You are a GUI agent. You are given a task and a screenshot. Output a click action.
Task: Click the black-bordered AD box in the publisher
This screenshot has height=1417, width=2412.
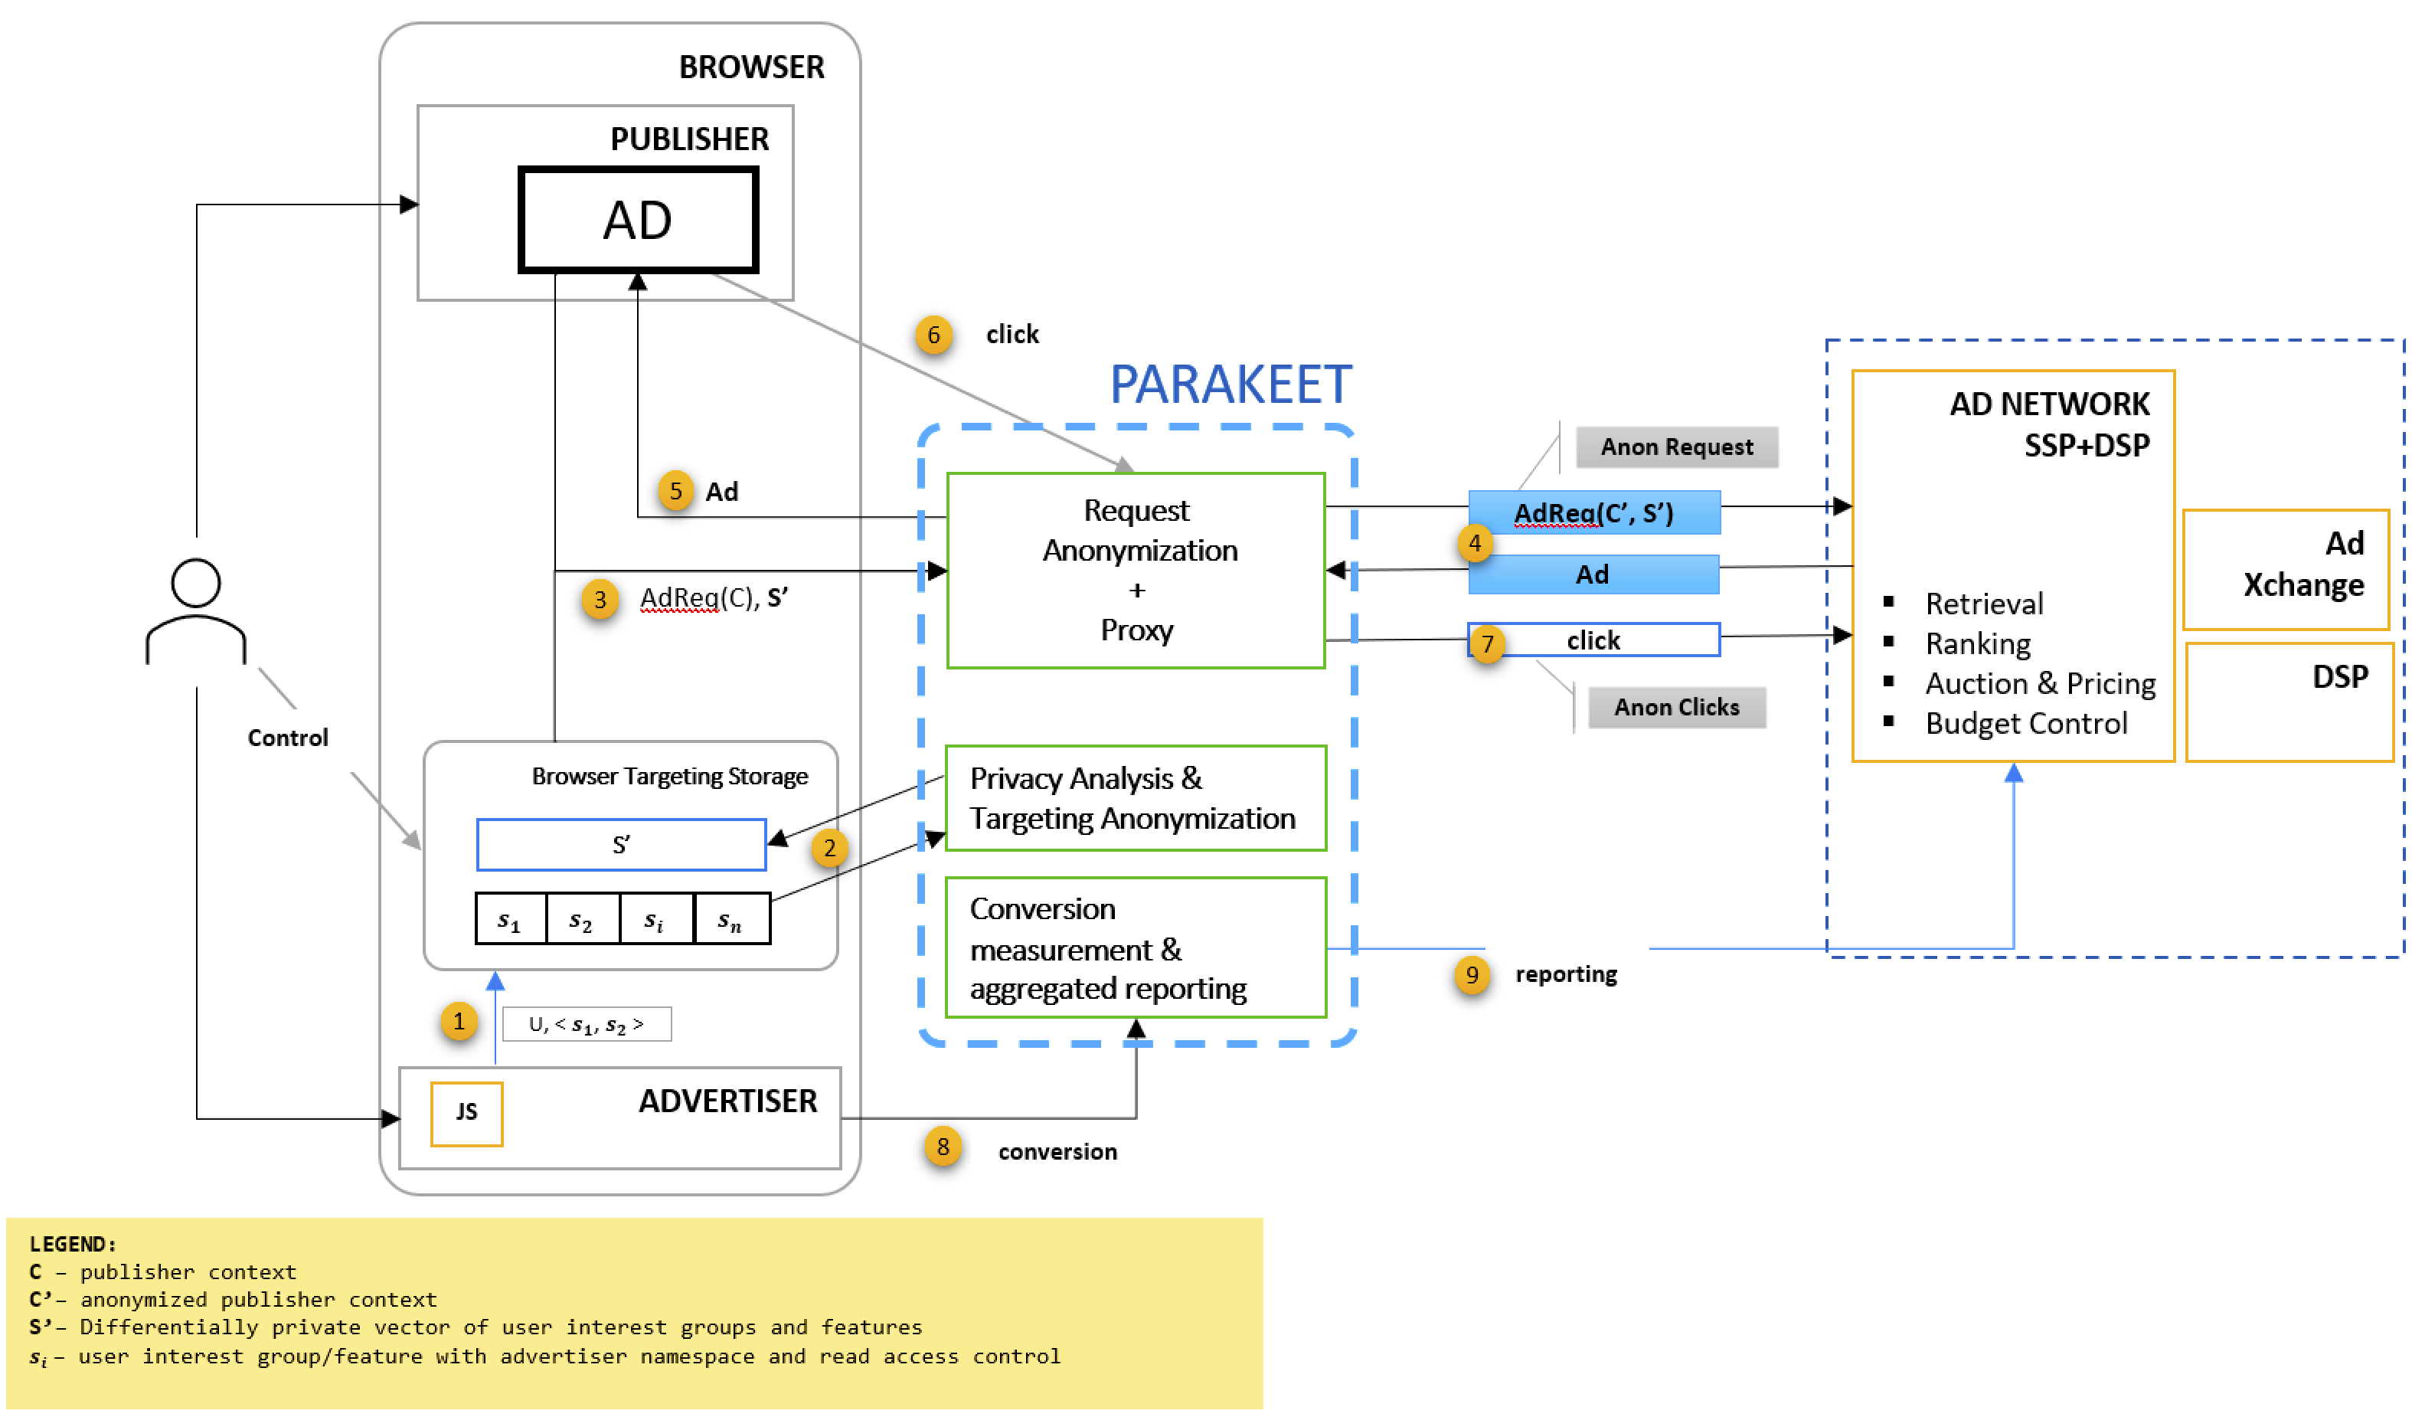639,221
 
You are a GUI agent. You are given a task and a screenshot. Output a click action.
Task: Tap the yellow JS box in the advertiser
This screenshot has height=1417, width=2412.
466,1114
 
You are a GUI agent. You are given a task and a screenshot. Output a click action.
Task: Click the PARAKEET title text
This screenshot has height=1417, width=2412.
1230,385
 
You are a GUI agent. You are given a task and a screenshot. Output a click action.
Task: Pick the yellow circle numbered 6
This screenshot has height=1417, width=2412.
933,335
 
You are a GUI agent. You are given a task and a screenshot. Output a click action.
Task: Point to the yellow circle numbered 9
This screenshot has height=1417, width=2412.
1471,976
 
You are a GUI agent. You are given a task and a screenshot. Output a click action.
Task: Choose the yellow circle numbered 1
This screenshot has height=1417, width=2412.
459,1022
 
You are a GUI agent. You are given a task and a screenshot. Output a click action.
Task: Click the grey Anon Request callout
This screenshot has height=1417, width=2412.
1676,447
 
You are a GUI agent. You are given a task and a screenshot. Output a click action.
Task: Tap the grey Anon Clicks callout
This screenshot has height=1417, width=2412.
1676,708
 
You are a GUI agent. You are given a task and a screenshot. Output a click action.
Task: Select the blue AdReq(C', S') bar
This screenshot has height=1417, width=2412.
1593,513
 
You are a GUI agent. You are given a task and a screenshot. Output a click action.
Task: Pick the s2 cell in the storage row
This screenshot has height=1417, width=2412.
581,920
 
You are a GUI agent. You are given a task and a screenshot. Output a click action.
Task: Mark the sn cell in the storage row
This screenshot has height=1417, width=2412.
730,920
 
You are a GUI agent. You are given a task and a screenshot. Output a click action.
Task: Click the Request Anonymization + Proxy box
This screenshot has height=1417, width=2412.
1136,571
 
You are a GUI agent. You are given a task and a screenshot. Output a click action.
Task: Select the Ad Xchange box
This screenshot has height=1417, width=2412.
2286,570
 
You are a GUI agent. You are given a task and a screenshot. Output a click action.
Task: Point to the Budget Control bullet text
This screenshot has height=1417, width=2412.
2025,724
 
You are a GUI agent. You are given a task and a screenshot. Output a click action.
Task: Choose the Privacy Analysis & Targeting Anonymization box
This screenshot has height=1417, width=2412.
1136,798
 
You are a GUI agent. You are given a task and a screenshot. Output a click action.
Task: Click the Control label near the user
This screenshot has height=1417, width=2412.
287,738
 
